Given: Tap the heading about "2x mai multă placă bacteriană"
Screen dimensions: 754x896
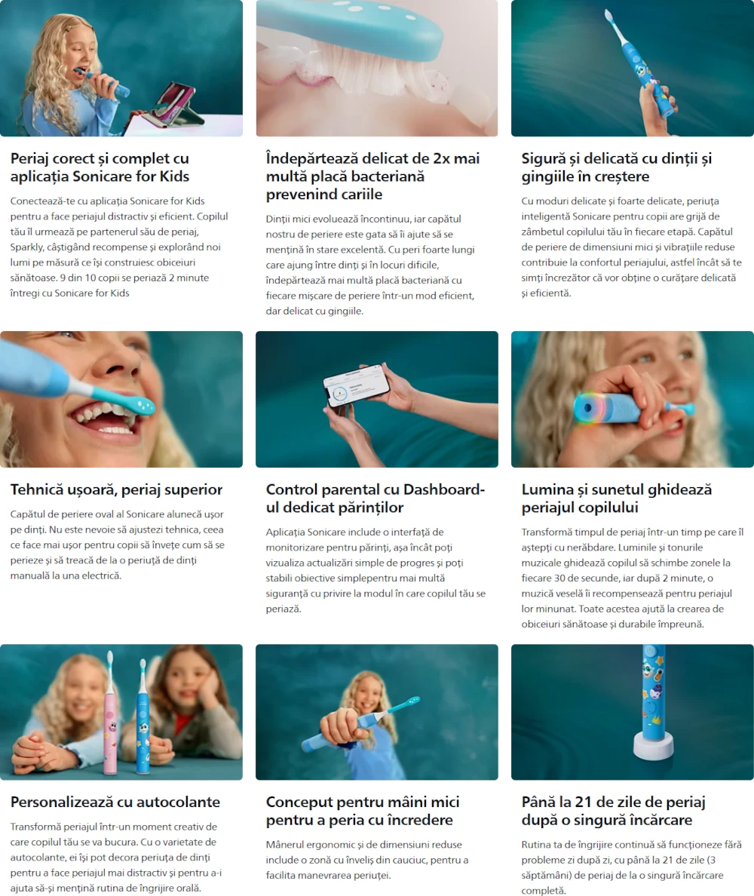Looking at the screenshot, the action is [x=372, y=176].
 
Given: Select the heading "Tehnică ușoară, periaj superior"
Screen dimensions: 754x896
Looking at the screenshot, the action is [x=117, y=489].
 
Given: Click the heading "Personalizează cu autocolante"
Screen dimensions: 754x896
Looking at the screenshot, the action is [x=115, y=802].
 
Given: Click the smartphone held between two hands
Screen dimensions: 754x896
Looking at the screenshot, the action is [x=357, y=385].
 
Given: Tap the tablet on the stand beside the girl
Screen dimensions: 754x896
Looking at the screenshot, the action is [x=174, y=105].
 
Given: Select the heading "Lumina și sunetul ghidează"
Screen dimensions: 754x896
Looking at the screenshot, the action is [x=616, y=499].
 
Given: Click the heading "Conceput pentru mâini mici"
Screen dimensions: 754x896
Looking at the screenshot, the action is [x=363, y=811].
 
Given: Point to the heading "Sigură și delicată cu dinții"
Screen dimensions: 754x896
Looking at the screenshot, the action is [x=616, y=167].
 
